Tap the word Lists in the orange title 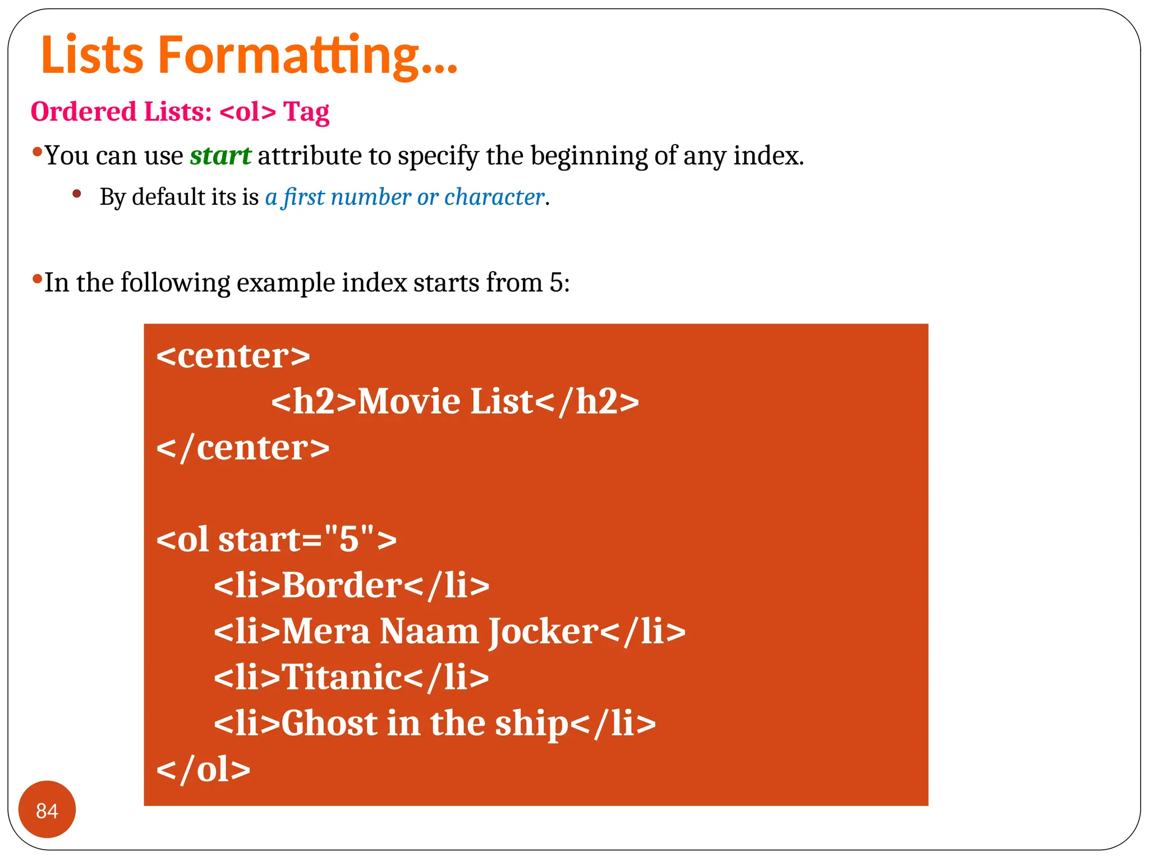[x=93, y=55]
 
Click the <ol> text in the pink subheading [x=248, y=112]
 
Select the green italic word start [x=220, y=156]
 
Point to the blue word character [x=494, y=198]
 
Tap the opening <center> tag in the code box [x=233, y=356]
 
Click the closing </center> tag [x=242, y=448]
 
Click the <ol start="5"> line [x=276, y=540]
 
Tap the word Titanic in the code [x=341, y=677]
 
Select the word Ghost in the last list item [x=329, y=723]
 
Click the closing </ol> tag [x=203, y=769]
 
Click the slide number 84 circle [x=47, y=810]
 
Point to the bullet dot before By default [x=77, y=194]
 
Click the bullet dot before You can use [x=37, y=152]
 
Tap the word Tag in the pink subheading [x=306, y=112]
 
